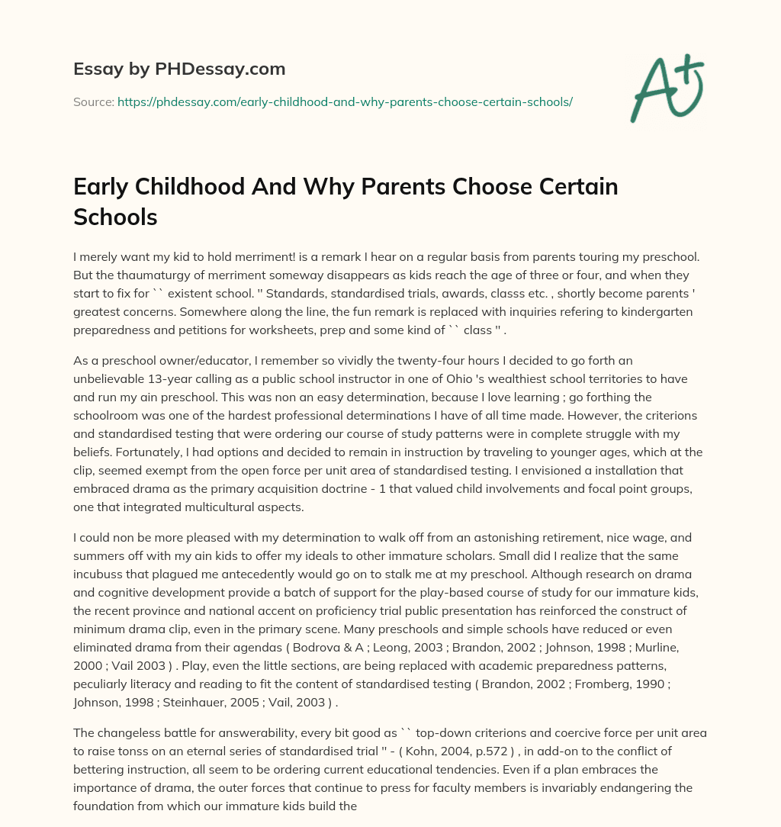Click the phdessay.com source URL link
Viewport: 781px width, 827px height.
click(x=345, y=101)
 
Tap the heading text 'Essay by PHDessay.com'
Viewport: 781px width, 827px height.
click(x=179, y=69)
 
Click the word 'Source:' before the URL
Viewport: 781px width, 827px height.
click(x=93, y=101)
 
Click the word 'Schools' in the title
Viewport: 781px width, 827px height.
click(x=115, y=217)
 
